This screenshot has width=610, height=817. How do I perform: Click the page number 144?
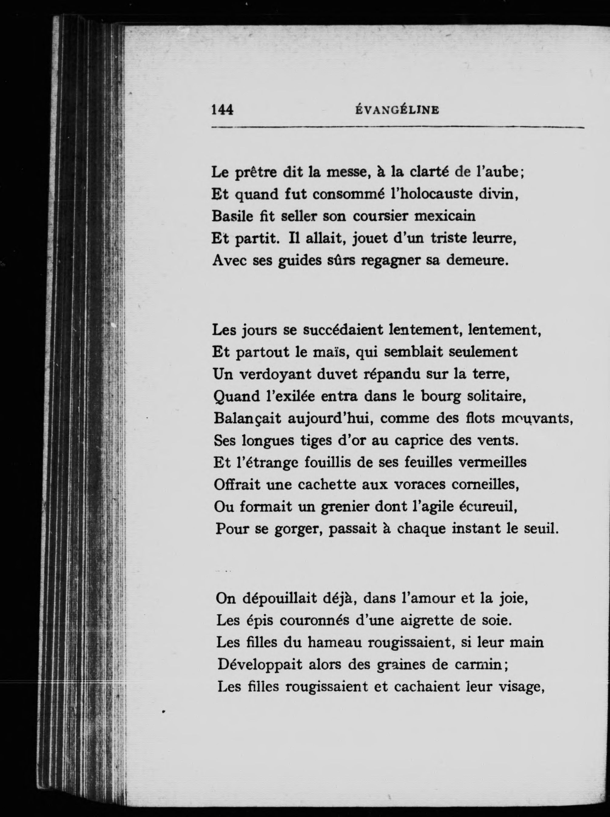click(222, 110)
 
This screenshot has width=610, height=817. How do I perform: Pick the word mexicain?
click(445, 216)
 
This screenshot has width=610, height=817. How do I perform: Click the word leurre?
click(494, 239)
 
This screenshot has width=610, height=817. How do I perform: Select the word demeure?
click(478, 261)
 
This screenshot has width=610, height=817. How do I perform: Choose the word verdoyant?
click(275, 375)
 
